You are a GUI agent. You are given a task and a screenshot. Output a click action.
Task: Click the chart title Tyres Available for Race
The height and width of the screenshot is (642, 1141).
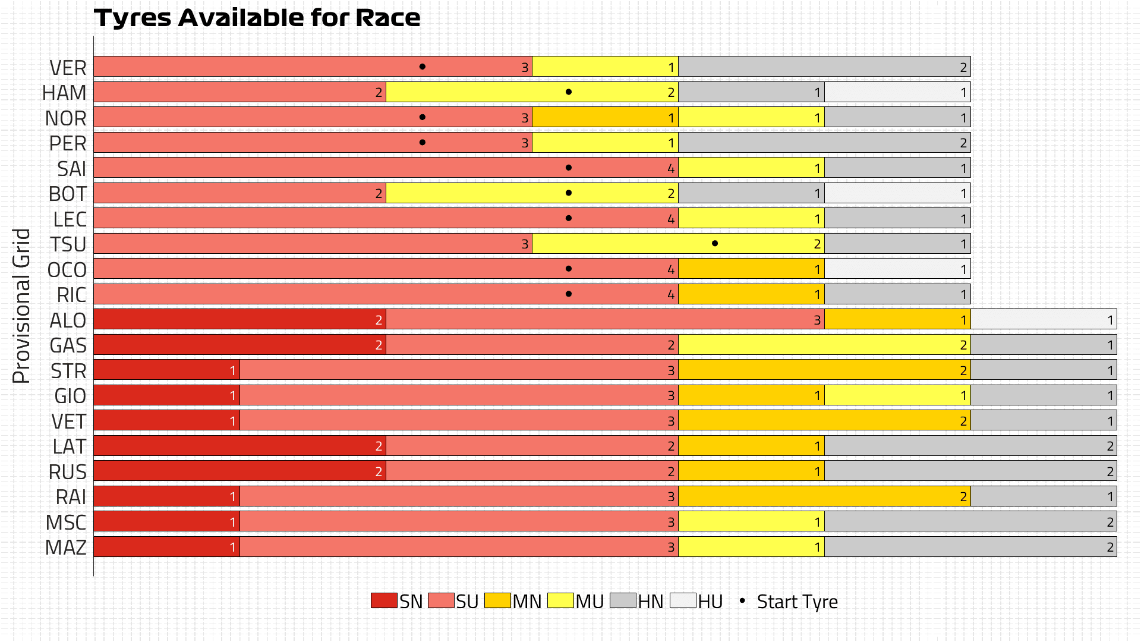tap(257, 18)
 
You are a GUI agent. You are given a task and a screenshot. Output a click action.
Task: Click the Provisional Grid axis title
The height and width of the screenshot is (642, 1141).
tap(21, 306)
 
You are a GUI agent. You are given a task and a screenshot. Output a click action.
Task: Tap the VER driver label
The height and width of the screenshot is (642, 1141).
tap(68, 68)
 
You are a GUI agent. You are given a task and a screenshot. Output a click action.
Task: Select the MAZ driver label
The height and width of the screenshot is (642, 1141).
tap(66, 547)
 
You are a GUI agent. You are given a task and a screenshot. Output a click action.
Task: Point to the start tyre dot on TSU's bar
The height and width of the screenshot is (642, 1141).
tap(715, 243)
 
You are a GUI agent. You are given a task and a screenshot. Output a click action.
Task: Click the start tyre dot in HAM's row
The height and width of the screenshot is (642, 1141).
tap(569, 92)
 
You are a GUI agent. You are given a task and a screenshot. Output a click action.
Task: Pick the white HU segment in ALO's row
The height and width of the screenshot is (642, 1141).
tap(1044, 319)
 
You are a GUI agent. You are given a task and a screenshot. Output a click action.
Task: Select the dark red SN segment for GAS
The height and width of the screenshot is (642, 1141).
tap(239, 345)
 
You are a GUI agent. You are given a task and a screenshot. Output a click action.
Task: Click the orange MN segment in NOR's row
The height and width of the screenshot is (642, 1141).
tap(605, 117)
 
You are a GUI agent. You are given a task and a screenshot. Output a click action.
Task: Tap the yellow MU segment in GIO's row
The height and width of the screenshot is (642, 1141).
tap(897, 395)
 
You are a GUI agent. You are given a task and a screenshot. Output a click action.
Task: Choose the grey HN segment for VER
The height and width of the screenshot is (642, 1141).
tap(824, 67)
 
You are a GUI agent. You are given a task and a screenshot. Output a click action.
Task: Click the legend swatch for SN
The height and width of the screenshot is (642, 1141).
tap(384, 600)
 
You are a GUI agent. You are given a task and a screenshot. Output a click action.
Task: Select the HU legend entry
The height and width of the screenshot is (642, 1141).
tap(696, 601)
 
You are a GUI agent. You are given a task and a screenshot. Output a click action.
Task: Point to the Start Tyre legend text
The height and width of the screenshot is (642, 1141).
tap(797, 602)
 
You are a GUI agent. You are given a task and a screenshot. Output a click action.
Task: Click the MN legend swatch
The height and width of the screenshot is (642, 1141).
tap(497, 600)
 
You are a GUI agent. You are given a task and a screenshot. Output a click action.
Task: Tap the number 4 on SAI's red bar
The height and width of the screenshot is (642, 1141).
tap(671, 168)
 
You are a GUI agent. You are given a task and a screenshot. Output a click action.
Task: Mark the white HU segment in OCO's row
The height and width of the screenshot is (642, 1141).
tap(897, 269)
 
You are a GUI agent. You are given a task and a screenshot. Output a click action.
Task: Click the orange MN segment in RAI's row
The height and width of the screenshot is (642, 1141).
tap(824, 496)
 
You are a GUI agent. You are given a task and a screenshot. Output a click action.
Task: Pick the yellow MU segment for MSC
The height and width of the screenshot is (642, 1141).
tap(751, 522)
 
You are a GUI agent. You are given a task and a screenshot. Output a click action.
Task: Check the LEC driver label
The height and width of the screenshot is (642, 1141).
tap(70, 219)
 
